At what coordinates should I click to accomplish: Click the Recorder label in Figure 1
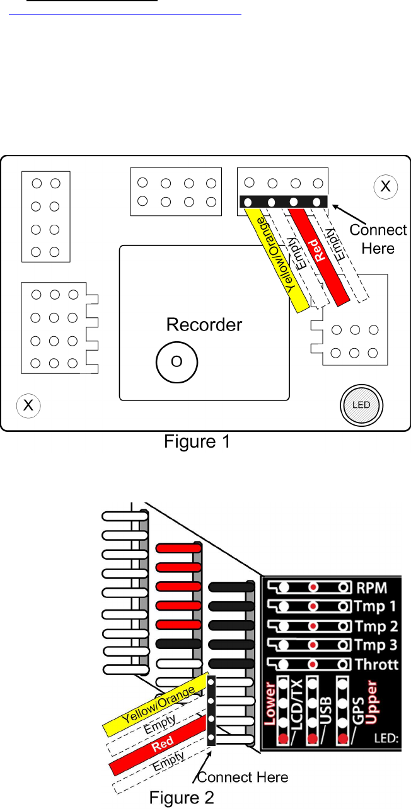click(x=204, y=325)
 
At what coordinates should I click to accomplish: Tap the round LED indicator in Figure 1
click(x=361, y=405)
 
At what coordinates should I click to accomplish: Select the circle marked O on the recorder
click(x=177, y=361)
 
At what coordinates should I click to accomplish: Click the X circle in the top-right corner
click(x=385, y=186)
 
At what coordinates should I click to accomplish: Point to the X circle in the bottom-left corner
click(x=28, y=405)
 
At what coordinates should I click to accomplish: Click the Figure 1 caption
click(x=197, y=442)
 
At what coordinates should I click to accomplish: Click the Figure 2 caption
click(x=182, y=798)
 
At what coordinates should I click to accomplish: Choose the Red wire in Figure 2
click(x=160, y=749)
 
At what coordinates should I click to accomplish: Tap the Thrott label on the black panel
click(x=378, y=664)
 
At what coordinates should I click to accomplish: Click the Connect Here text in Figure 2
click(x=243, y=778)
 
